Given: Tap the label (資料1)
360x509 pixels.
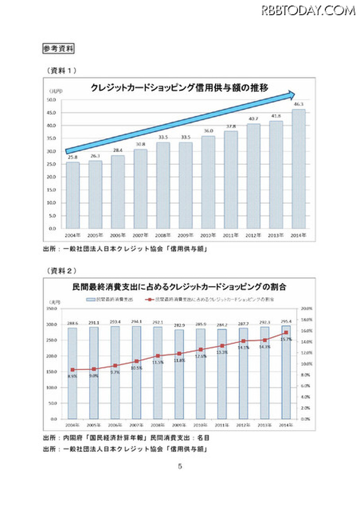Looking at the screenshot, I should [62, 70].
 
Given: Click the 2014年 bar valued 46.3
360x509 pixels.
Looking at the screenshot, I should [299, 169].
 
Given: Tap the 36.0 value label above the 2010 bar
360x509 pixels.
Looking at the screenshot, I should [208, 131].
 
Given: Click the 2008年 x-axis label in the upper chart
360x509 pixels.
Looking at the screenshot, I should [163, 235].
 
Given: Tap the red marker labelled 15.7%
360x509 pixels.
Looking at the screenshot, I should [286, 332].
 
